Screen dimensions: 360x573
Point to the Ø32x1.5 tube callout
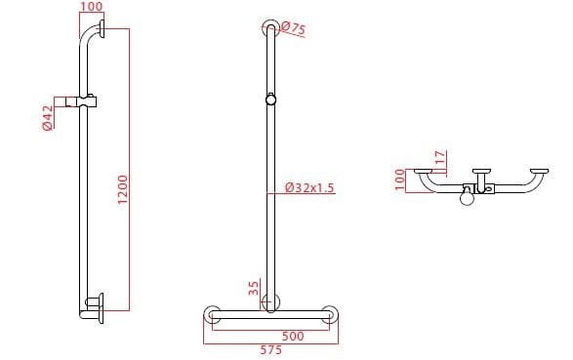[309, 187]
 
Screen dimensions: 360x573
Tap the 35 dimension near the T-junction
[254, 289]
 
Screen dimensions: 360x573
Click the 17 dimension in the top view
[440, 156]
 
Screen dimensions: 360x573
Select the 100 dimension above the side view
[91, 8]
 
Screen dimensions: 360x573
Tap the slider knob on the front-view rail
[268, 99]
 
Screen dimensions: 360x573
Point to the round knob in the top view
[469, 199]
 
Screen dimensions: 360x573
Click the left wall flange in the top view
[423, 172]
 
